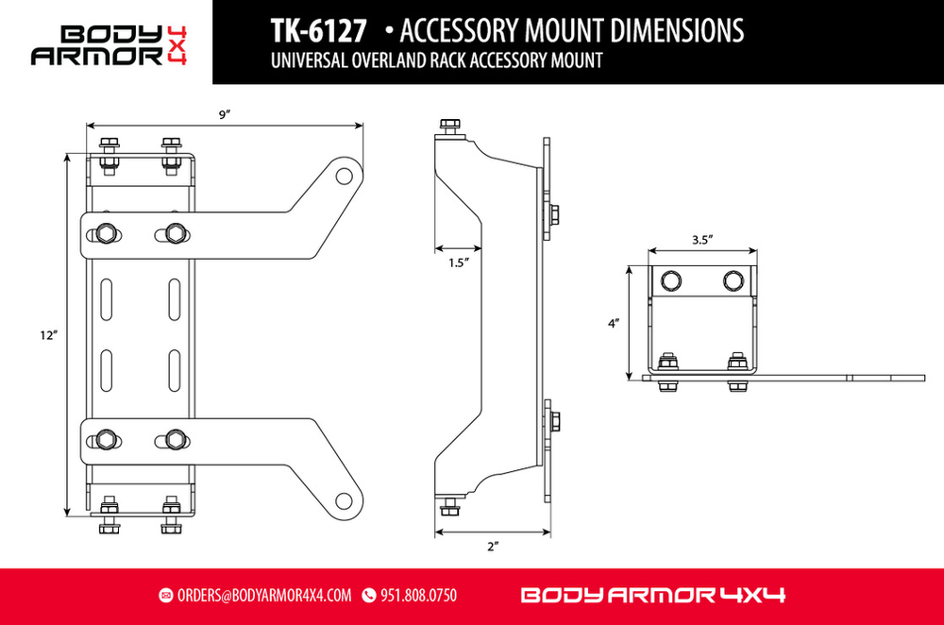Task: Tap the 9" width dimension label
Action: pyautogui.click(x=225, y=114)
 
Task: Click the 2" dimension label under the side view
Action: pyautogui.click(x=493, y=547)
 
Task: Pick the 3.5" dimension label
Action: pyautogui.click(x=701, y=240)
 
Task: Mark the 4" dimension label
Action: pyautogui.click(x=614, y=324)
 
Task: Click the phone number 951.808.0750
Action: pyautogui.click(x=418, y=596)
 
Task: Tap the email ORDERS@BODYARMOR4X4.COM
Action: pyautogui.click(x=263, y=596)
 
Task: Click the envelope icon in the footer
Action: pyautogui.click(x=166, y=596)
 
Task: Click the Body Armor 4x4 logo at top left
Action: pyautogui.click(x=106, y=43)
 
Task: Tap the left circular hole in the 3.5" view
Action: pyautogui.click(x=670, y=279)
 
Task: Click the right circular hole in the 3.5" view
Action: pyautogui.click(x=733, y=279)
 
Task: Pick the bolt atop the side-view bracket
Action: pyautogui.click(x=450, y=127)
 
